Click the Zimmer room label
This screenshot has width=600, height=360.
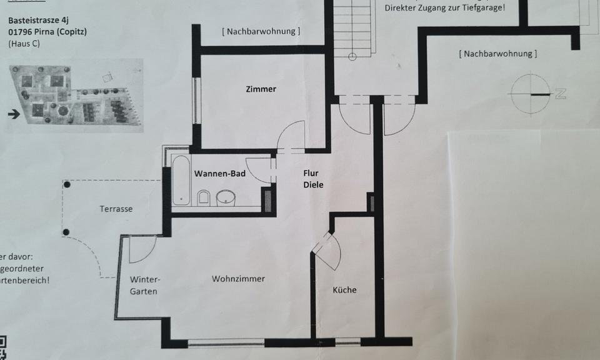(x=261, y=89)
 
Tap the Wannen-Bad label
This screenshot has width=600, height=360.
(x=219, y=173)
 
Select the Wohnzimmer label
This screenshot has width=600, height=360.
(x=238, y=279)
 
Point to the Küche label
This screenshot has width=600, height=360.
(x=344, y=290)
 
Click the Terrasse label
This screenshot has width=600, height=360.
(x=116, y=209)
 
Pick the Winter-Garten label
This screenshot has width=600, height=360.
(x=144, y=285)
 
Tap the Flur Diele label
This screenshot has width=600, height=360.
(x=313, y=179)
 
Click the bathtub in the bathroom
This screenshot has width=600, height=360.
(x=181, y=180)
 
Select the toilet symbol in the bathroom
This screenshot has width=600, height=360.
(x=204, y=198)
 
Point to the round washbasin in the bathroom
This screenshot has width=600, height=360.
(x=226, y=198)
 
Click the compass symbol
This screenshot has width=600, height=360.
(x=530, y=94)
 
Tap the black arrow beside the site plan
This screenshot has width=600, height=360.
(x=14, y=114)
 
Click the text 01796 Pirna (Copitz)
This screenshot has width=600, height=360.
(x=47, y=31)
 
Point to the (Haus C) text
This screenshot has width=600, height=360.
(x=23, y=44)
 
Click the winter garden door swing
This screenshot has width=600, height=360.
(x=141, y=249)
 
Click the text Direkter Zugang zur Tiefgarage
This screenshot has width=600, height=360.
(x=445, y=8)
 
